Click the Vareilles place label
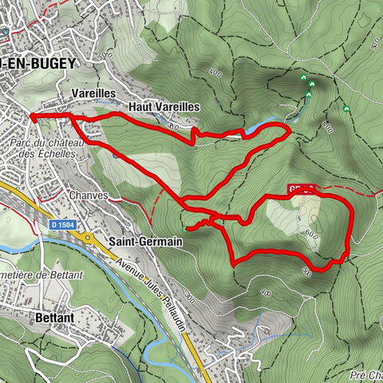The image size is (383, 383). click(x=93, y=93)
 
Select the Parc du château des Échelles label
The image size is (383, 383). click(x=49, y=148)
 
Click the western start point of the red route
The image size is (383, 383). click(x=32, y=116)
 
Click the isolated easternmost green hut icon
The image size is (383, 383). click(x=346, y=108)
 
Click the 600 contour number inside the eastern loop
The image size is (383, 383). click(x=312, y=234)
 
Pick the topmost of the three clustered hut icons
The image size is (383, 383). click(x=303, y=77)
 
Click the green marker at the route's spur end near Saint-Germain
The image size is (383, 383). click(x=185, y=230)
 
